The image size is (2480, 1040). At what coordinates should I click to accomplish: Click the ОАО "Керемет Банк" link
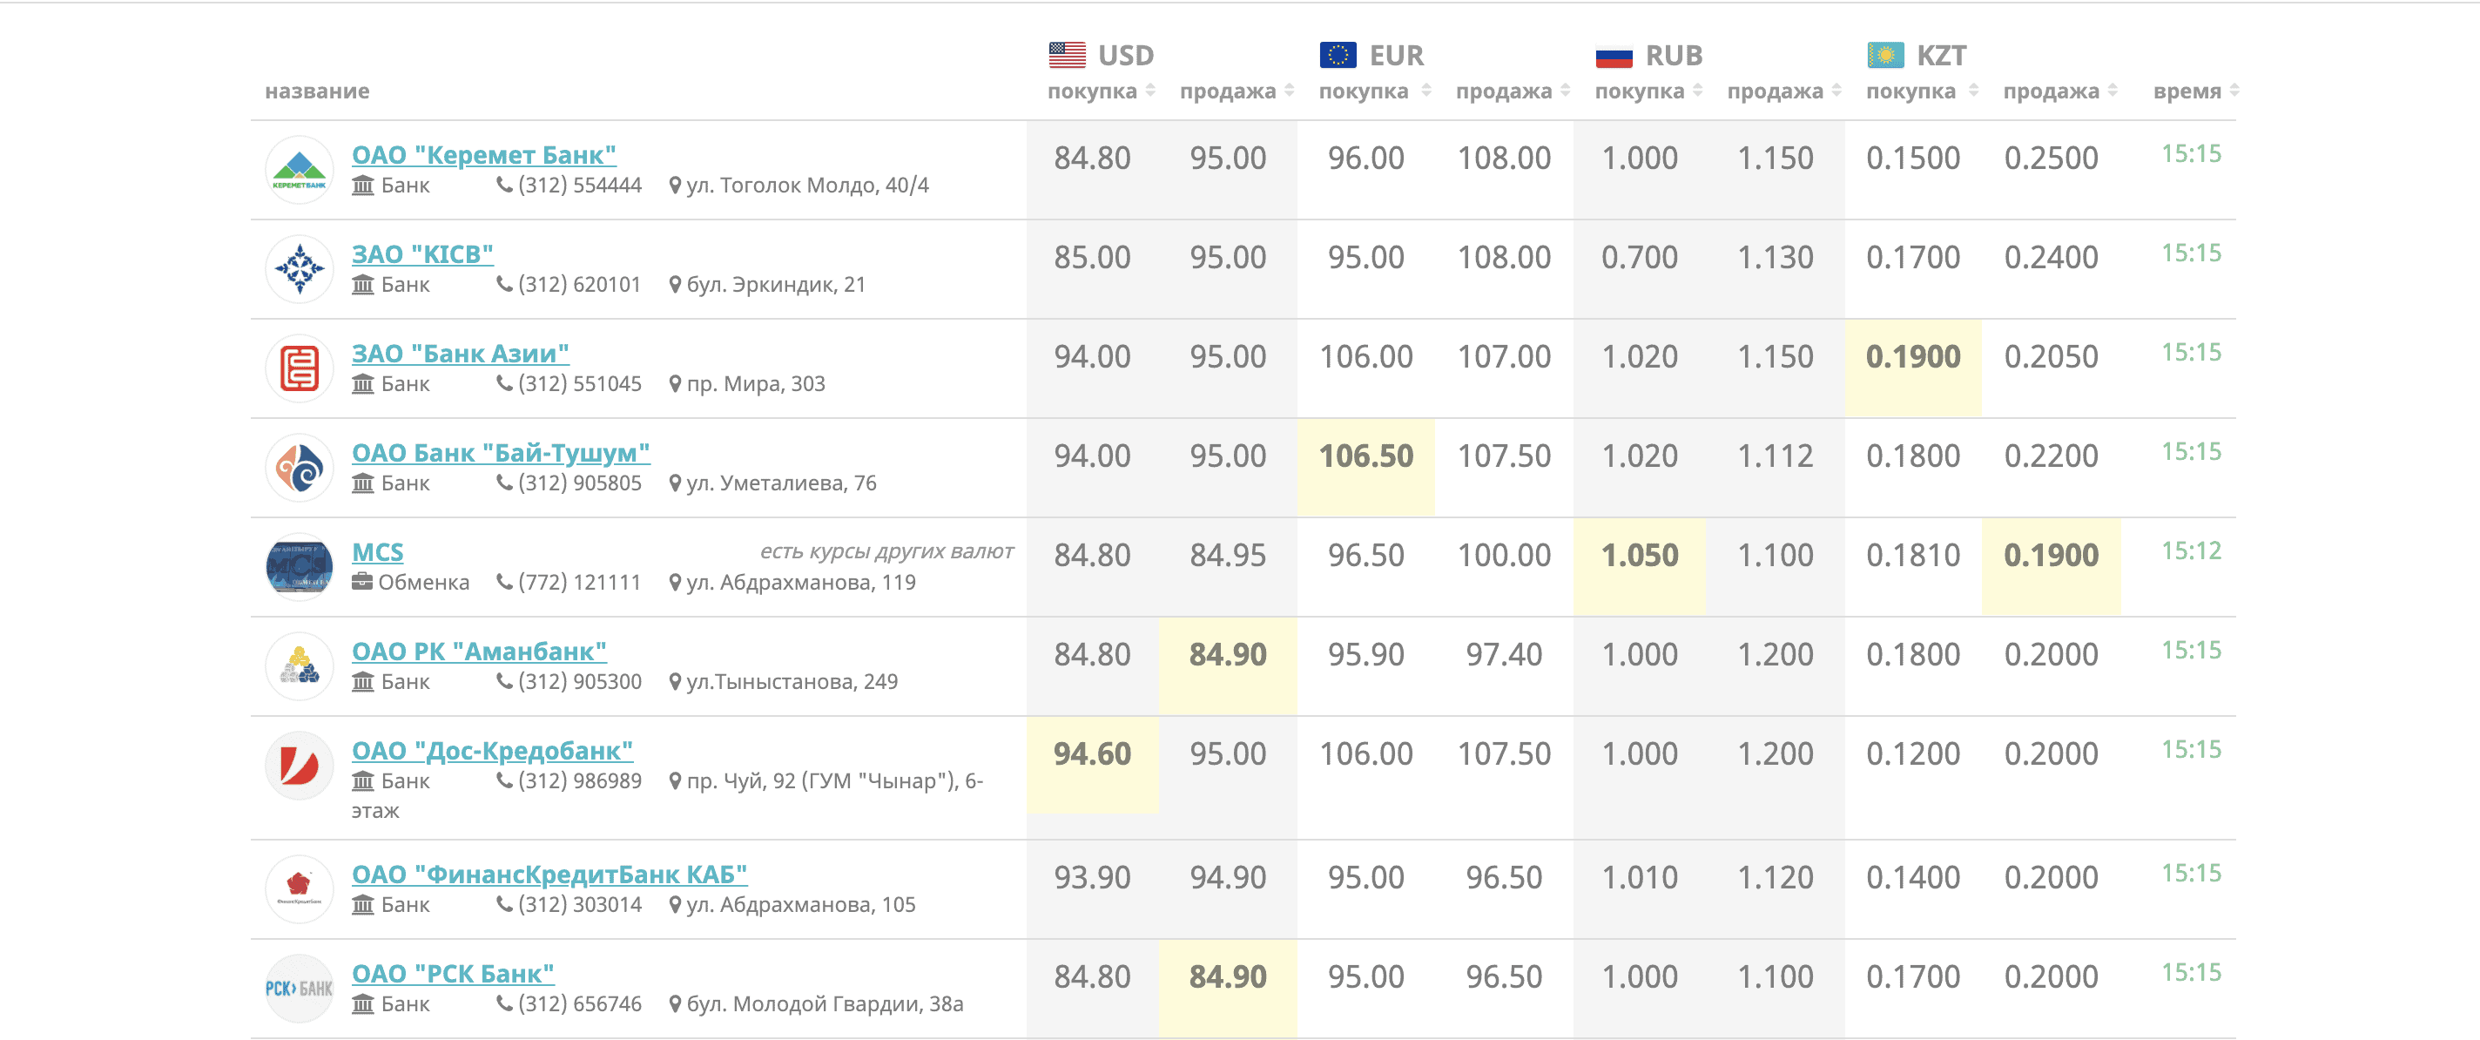[x=483, y=155]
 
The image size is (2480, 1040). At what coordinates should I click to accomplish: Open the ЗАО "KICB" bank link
[x=421, y=254]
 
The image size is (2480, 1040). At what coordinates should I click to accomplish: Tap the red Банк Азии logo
[x=300, y=368]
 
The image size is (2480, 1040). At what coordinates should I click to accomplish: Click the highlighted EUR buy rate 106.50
[x=1365, y=456]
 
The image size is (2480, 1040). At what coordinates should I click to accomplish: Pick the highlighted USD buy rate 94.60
[x=1092, y=754]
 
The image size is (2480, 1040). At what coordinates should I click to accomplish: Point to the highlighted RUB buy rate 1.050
[x=1639, y=556]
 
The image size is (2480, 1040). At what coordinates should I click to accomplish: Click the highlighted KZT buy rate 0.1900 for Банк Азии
[x=1912, y=357]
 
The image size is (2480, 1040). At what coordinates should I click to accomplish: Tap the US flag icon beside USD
[x=1067, y=55]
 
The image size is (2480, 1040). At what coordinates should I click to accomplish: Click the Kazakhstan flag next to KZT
[x=1885, y=55]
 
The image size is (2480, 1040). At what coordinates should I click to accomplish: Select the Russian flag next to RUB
[x=1614, y=56]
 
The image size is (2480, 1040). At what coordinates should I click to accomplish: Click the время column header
[x=2187, y=91]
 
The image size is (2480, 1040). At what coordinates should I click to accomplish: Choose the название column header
[x=317, y=91]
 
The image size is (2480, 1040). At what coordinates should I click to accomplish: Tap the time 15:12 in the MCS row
[x=2191, y=550]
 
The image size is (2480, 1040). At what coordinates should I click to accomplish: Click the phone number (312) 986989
[x=580, y=781]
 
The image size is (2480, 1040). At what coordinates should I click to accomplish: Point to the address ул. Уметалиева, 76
[x=781, y=483]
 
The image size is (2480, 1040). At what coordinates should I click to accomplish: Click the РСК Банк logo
[x=300, y=988]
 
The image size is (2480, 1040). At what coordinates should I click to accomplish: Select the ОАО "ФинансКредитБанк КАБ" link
[x=549, y=875]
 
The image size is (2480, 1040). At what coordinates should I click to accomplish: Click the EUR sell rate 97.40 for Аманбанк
[x=1503, y=655]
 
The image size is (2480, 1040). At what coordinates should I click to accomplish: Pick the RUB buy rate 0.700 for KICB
[x=1639, y=258]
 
